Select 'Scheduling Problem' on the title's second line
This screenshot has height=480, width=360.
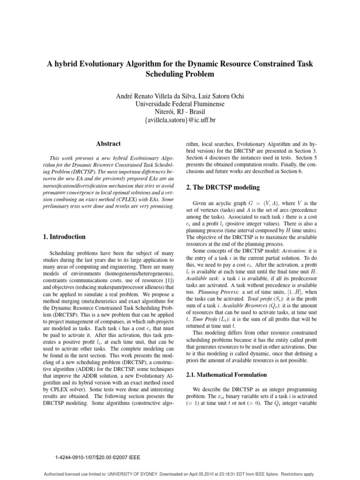(x=180, y=74)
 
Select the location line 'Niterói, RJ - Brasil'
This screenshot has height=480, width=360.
(x=180, y=112)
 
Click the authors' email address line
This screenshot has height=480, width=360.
(x=180, y=120)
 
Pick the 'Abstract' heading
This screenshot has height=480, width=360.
(x=107, y=144)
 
